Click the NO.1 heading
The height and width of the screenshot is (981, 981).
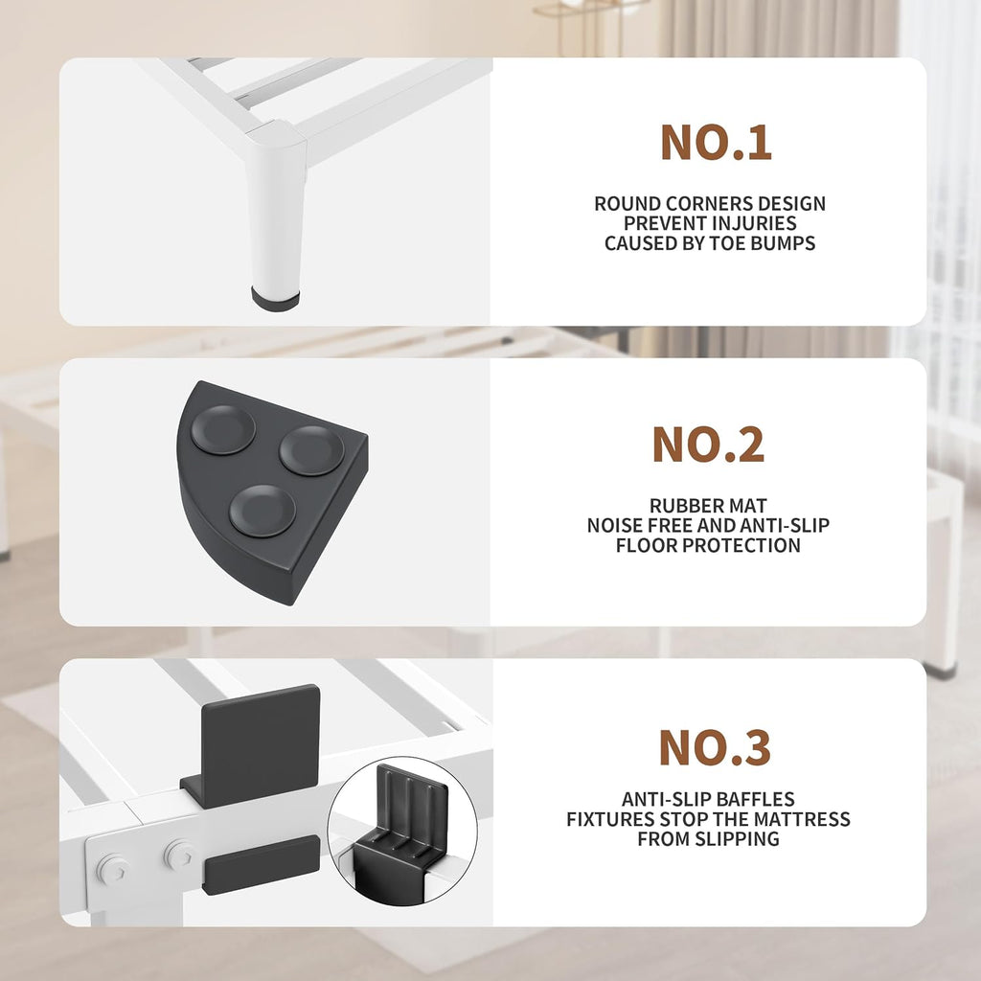coord(716,143)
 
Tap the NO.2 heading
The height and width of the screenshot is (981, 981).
coord(708,445)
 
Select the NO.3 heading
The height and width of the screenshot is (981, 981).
coord(715,747)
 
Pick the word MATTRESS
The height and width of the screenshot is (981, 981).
coord(802,819)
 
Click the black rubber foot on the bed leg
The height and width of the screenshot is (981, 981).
coord(275,299)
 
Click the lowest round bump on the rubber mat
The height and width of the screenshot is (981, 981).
coord(262,511)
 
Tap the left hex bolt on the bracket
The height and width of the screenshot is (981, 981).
coord(113,869)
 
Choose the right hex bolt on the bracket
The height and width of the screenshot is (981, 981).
coord(179,856)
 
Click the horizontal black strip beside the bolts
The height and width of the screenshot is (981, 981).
coord(262,865)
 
